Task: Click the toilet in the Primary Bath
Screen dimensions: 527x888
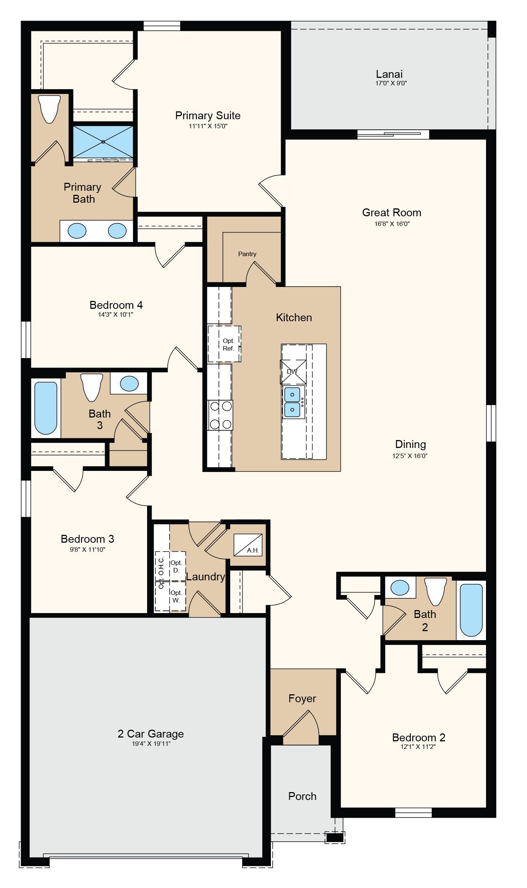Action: (x=50, y=109)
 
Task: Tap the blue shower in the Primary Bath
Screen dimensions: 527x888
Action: (x=103, y=142)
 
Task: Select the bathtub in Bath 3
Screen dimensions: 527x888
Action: (x=46, y=408)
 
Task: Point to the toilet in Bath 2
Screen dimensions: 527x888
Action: (x=436, y=592)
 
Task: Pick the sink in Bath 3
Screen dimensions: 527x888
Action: (x=129, y=383)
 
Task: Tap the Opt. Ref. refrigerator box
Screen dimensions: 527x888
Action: (x=225, y=344)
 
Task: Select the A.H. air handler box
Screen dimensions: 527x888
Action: (x=248, y=545)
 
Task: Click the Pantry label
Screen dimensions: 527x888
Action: (x=247, y=254)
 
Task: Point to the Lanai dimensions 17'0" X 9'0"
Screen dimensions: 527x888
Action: (x=391, y=83)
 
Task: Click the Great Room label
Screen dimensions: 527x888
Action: (x=392, y=213)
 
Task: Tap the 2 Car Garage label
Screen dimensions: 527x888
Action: (x=151, y=734)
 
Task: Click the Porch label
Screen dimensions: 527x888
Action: (x=302, y=796)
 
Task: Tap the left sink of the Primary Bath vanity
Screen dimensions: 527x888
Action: (x=77, y=231)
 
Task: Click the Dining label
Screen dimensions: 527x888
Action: (x=410, y=444)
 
